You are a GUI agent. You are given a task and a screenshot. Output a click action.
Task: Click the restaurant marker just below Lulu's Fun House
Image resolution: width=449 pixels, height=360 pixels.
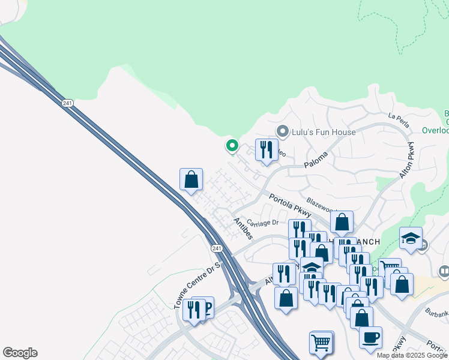click(x=267, y=150)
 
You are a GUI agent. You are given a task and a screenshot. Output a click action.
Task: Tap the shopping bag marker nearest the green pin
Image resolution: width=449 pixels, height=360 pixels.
click(x=191, y=179)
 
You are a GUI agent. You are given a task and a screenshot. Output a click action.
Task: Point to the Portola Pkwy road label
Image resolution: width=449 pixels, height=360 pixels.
click(x=289, y=205)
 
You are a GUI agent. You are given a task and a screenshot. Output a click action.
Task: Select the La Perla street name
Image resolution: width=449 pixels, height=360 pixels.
click(x=399, y=121)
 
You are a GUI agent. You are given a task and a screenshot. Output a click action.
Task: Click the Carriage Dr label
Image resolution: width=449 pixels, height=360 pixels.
click(x=262, y=223)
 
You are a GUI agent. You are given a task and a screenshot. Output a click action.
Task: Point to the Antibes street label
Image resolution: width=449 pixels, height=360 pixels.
click(x=243, y=229)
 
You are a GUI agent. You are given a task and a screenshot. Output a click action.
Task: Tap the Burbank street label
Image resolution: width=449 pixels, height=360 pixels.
click(x=435, y=314)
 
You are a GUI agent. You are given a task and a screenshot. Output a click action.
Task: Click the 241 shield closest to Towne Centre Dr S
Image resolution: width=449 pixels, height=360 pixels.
click(x=217, y=248)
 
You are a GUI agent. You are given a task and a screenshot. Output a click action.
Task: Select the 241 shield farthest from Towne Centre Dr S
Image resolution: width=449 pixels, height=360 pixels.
click(x=67, y=103)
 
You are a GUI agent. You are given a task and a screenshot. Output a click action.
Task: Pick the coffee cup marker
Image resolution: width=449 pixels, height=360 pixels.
click(x=370, y=337)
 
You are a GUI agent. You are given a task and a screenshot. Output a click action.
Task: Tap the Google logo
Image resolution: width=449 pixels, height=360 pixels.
click(x=20, y=353)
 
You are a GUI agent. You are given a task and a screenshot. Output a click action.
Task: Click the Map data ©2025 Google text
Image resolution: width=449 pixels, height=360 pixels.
click(x=412, y=355)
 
